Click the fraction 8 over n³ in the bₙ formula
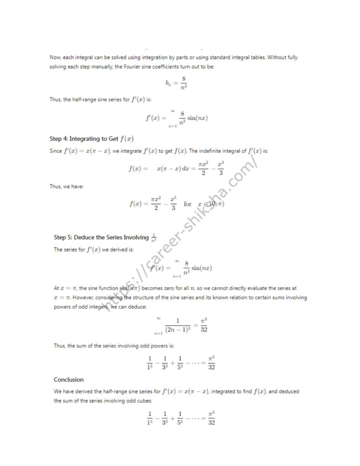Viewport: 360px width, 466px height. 183,82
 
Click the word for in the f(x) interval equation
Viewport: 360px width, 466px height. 188,204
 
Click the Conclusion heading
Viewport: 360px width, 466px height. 69,380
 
